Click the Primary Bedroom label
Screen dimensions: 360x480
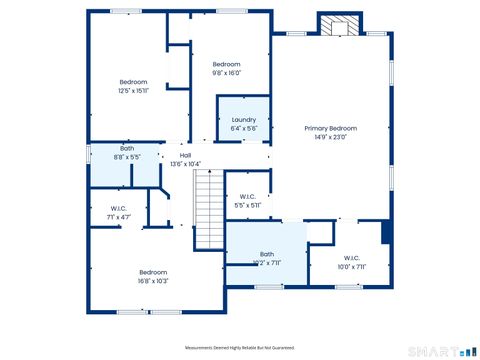tap(330, 128)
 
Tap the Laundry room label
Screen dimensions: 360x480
tap(243, 119)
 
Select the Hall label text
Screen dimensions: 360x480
tap(185, 155)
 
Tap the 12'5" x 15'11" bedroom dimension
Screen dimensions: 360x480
tap(134, 90)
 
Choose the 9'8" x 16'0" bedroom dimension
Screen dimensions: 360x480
tap(227, 72)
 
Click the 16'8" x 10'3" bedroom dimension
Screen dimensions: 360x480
tap(153, 281)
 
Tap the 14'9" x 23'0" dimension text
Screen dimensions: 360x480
tap(331, 137)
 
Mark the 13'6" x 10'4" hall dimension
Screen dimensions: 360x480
tap(185, 164)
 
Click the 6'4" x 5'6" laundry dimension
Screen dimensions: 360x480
tap(243, 128)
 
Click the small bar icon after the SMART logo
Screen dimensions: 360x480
tap(466, 351)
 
